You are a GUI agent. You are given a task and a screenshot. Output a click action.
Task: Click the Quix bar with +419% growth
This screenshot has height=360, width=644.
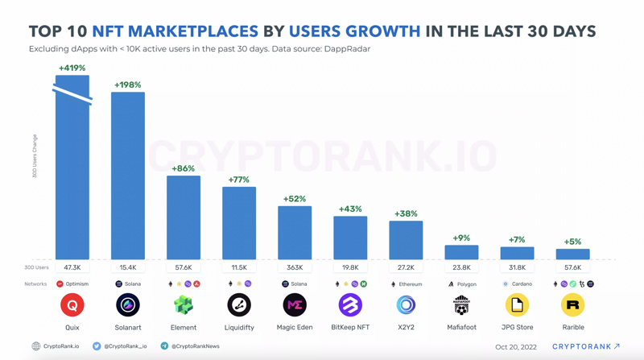72,177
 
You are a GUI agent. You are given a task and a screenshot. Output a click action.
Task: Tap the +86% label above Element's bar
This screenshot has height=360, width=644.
184,168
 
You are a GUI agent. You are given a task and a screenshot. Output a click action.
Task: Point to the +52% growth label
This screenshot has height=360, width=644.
295,199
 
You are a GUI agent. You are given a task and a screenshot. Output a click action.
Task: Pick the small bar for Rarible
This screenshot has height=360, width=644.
572,254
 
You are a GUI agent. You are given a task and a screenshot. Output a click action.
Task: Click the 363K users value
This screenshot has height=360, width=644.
295,267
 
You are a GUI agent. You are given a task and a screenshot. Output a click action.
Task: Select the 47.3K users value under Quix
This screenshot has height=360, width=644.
72,267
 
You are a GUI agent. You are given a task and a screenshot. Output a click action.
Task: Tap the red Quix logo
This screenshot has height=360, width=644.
72,305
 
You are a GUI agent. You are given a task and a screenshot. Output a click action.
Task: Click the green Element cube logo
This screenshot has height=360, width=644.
184,305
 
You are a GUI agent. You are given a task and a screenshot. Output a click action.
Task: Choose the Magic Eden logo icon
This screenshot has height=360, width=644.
295,305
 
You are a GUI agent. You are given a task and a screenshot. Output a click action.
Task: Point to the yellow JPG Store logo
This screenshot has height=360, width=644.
517,305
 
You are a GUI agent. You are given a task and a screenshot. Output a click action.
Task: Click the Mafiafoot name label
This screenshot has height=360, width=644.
461,327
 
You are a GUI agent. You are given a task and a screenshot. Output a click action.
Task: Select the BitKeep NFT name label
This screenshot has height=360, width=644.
350,327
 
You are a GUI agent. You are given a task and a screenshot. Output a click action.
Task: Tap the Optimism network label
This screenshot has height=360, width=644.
76,284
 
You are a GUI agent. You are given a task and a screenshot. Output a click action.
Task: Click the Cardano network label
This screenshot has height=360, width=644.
521,284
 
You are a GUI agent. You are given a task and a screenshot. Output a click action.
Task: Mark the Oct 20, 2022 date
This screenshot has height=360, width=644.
515,347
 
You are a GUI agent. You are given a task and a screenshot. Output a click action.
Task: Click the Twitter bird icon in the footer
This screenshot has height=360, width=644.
97,346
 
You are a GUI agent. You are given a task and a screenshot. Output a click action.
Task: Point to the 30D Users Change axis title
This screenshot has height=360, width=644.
35,155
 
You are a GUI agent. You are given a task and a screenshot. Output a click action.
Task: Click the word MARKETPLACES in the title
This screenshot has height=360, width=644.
175,32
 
